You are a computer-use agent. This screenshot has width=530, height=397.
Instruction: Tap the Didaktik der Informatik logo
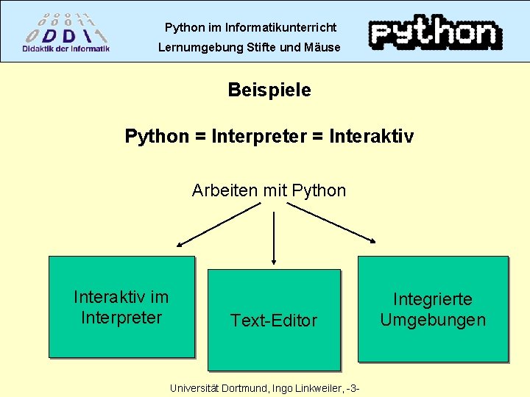tap(66, 33)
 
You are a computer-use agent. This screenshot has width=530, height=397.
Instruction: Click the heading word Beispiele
tap(269, 90)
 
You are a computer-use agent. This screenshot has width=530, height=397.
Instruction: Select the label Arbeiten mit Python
tap(269, 191)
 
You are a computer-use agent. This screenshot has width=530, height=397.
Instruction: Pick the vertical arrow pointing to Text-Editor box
tap(274, 235)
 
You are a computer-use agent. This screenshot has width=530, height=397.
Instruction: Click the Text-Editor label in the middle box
tap(274, 321)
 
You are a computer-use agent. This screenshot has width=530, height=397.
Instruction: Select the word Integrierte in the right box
tap(433, 299)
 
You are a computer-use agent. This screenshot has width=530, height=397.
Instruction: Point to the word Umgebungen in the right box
tap(433, 320)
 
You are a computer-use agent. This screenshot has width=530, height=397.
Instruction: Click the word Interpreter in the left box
tap(121, 318)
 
